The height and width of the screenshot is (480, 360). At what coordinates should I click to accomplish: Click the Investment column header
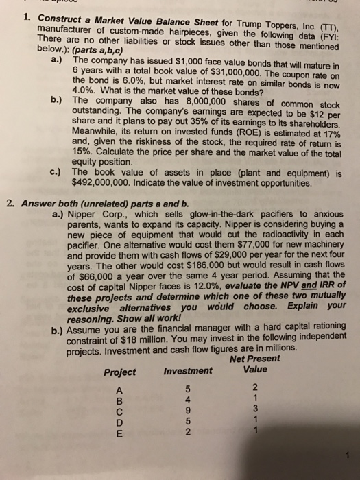(188, 372)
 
